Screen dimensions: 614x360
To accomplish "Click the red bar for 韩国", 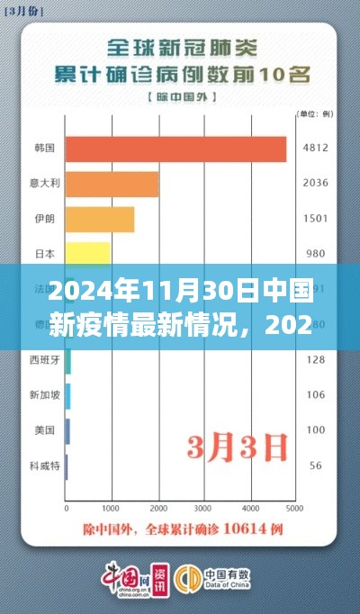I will tap(175, 149).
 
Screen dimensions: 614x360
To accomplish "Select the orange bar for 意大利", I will tap(112, 185).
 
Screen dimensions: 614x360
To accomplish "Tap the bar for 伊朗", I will tap(100, 220).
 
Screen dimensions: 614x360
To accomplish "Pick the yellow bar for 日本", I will tap(87, 253).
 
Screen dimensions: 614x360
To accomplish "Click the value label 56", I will tap(315, 465).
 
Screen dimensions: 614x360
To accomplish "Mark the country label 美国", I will tap(45, 430).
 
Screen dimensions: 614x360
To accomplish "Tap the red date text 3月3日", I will tap(238, 445).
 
